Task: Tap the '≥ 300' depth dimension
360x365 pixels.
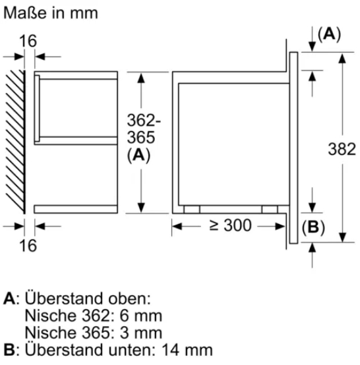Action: [x=230, y=225]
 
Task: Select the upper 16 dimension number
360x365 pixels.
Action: [x=27, y=41]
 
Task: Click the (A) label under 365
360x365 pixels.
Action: [x=138, y=155]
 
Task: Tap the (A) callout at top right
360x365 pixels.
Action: [x=329, y=35]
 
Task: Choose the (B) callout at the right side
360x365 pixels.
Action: [x=313, y=228]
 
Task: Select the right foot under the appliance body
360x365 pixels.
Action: [x=270, y=209]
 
